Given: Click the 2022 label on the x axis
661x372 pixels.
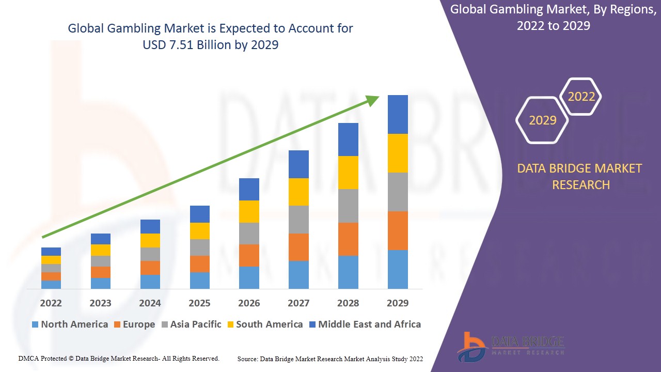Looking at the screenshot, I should coord(51,303).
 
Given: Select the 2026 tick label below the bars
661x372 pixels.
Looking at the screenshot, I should coord(249,303).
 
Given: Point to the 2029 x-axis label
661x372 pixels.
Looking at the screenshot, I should coord(398,303).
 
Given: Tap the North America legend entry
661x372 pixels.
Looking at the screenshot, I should coord(70,324).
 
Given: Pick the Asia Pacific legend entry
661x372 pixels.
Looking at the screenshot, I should coord(191,324).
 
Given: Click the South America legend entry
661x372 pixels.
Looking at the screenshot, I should coord(264,324).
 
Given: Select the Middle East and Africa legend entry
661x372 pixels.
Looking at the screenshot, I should coord(365,324).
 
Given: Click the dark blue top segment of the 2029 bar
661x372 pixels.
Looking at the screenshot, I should coord(398,114).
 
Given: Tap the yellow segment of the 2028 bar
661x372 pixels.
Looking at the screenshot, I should coord(348,173).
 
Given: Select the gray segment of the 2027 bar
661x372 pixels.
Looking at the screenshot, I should coord(298,220).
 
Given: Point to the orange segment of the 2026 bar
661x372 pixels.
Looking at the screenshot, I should coord(249,255).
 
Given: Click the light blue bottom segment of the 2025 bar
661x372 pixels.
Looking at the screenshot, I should coord(199,280).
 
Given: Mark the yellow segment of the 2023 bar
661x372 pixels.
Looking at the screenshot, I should coord(100,250).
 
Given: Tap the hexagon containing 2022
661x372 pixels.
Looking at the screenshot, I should coord(581,97).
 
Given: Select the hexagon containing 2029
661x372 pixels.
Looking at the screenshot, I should coord(542,120).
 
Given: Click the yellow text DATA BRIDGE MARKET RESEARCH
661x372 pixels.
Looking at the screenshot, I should coord(580,177).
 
